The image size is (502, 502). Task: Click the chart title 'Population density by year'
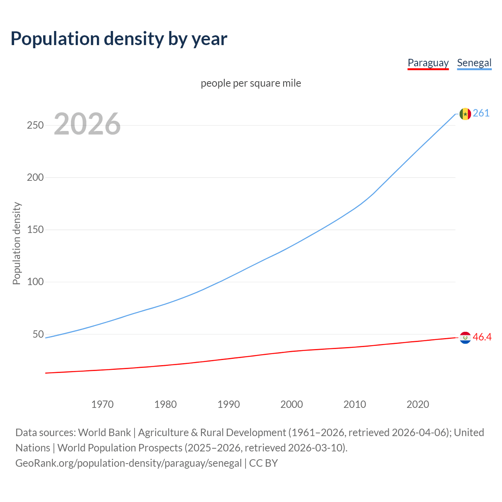119,39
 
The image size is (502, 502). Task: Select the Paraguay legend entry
428,63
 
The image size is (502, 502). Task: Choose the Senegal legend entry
474,63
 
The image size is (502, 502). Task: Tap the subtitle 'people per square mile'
251,83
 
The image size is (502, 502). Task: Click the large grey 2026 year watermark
87,124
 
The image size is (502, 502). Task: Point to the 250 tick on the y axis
35,125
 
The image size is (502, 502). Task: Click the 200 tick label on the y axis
35,177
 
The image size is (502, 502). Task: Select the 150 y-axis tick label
35,229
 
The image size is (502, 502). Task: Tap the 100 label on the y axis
35,282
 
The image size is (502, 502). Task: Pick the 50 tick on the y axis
38,334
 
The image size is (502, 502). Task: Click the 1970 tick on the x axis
102,404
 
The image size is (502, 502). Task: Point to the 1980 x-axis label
166,404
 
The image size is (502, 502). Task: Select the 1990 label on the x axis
229,404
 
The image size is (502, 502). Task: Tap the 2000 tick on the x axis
292,404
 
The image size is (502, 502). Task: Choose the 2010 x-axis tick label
355,404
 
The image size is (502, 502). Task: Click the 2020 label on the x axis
418,404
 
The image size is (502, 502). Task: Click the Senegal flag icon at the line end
465,114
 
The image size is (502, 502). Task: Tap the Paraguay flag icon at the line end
465,337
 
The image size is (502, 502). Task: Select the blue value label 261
481,113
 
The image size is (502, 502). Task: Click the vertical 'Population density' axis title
16,243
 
